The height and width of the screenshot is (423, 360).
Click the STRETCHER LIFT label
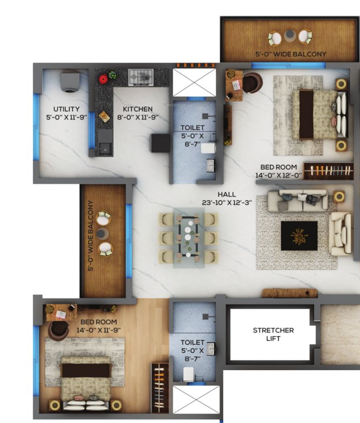[273, 334]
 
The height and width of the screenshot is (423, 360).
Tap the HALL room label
[227, 194]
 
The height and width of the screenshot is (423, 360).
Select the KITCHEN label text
[138, 109]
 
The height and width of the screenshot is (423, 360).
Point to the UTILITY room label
[67, 109]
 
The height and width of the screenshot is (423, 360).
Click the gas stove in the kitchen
[141, 77]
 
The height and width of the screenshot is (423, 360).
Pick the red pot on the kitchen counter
[103, 79]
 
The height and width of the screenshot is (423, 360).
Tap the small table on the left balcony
[103, 234]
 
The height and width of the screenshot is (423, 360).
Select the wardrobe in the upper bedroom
[328, 171]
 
